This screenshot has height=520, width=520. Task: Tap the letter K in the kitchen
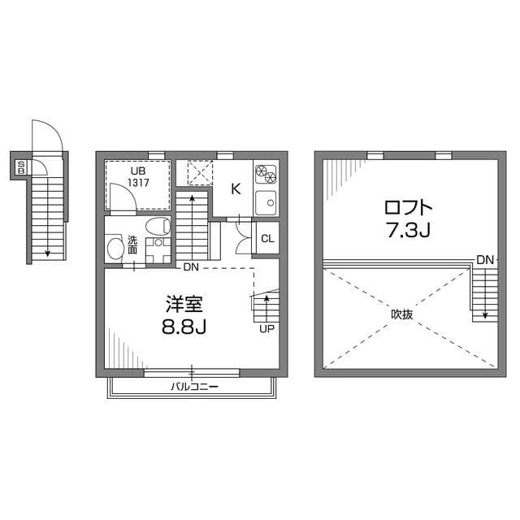[x=236, y=189]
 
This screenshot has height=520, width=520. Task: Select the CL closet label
[x=266, y=238]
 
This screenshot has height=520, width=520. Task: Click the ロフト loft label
[x=403, y=206]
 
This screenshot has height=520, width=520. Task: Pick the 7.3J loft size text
[x=403, y=232]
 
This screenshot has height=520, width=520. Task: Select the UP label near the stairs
[x=266, y=330]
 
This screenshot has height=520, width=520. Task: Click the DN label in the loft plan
[x=484, y=259]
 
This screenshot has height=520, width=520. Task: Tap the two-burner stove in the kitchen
[x=266, y=173]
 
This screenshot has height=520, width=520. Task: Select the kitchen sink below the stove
[x=266, y=202]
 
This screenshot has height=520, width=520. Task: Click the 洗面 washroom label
[x=132, y=245]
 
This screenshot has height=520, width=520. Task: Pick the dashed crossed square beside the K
[x=199, y=174]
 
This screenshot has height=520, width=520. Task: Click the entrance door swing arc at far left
[x=46, y=136]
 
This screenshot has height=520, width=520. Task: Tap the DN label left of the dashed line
[x=190, y=267]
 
